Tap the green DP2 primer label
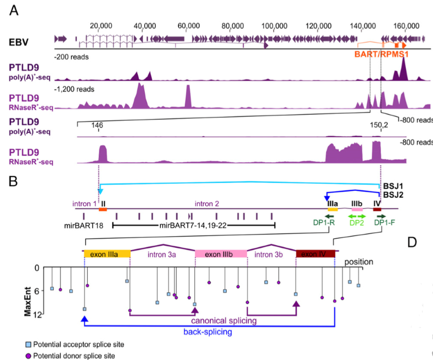(x=357, y=223)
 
